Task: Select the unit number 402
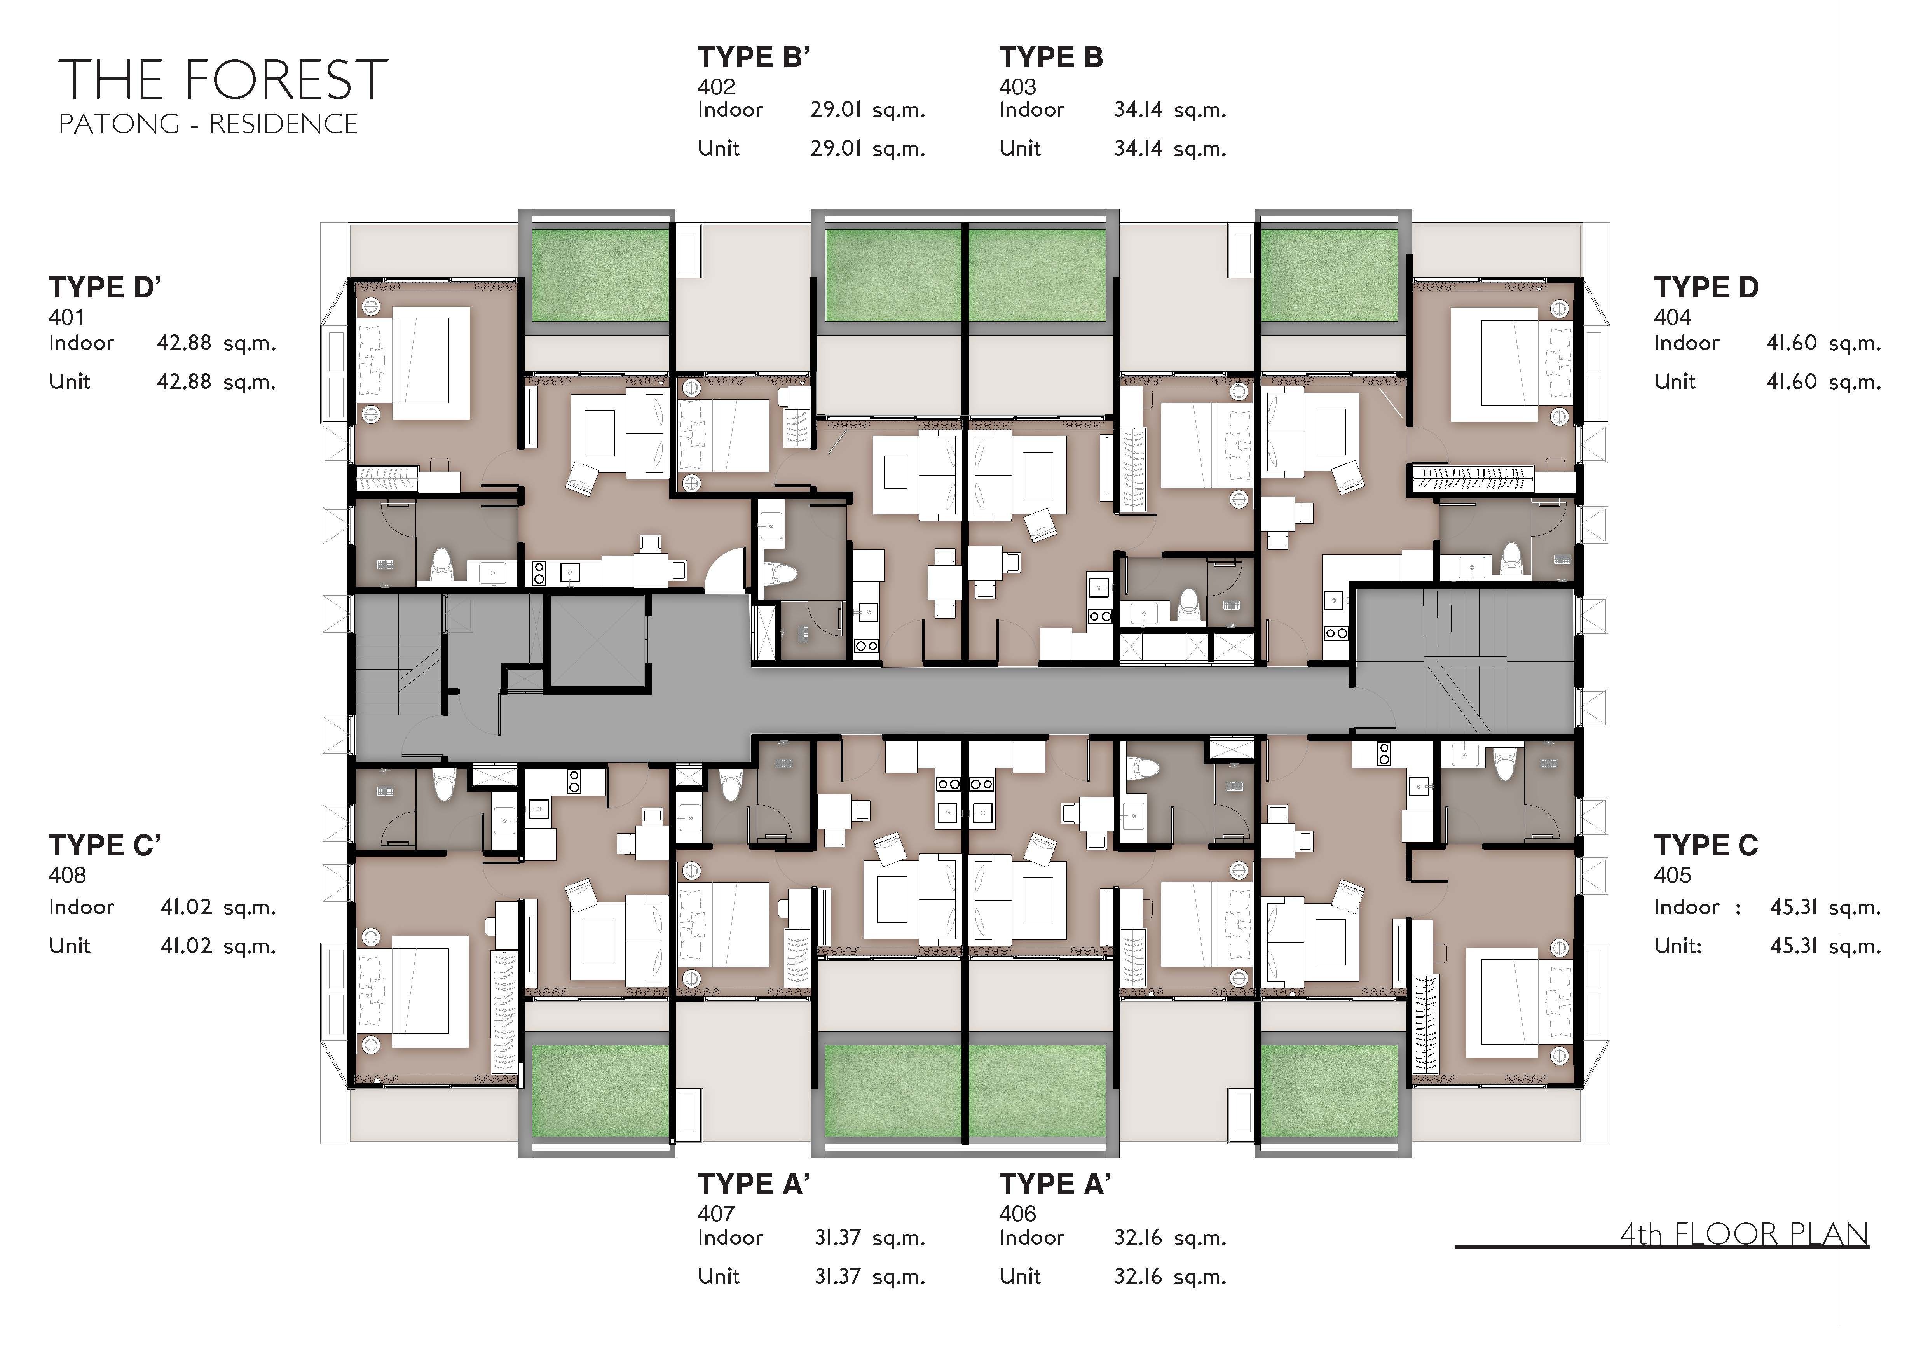[716, 86]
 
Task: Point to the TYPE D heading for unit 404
[1705, 287]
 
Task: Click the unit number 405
[1673, 875]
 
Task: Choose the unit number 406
[1018, 1214]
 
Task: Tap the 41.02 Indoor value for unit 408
[185, 907]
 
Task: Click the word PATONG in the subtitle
[119, 124]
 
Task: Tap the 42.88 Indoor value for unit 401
[184, 343]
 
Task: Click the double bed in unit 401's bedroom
[413, 363]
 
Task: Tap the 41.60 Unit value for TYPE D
[1792, 382]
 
